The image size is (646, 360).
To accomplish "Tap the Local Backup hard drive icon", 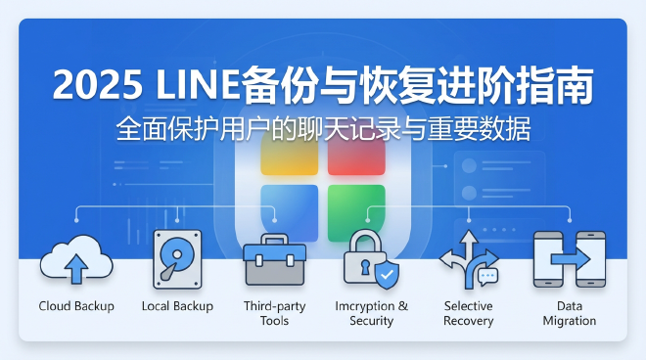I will coord(177,259).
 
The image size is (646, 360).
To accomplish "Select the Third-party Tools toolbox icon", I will coord(274,259).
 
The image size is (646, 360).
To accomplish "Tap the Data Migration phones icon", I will coord(569,259).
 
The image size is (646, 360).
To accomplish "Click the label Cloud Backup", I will coord(76,306).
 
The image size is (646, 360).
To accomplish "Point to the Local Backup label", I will coord(177,306).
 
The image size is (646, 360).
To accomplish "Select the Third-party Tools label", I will coord(274,313).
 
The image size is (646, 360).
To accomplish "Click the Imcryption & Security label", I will coord(371,313).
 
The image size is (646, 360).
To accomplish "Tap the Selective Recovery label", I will coord(468,313).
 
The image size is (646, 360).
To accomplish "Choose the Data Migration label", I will coord(569,313).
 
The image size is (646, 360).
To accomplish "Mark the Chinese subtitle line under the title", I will coord(323,129).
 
